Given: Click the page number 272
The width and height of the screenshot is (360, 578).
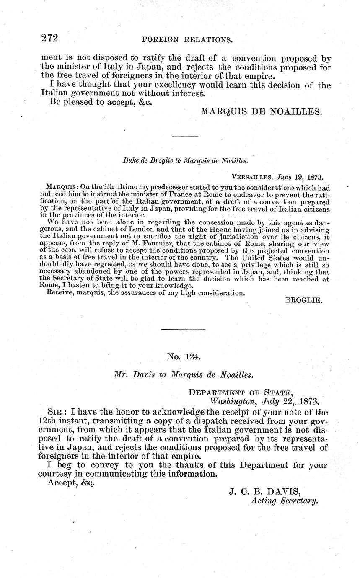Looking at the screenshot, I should point(49,39).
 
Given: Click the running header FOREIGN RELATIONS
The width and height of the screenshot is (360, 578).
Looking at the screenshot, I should point(187,40).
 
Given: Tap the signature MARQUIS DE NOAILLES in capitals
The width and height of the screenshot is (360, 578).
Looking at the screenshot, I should point(262,111).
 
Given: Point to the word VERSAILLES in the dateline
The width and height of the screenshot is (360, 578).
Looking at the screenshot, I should point(251,177).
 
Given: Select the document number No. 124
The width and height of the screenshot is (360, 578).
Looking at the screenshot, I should point(184,357).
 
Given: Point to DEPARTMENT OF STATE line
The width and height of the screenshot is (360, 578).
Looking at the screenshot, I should point(240,392).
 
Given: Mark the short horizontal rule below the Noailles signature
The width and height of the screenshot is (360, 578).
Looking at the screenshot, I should point(185,137).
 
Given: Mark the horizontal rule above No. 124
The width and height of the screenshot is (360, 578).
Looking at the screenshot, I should point(183,330).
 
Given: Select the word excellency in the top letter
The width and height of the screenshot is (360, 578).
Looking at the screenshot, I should point(172,85).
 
